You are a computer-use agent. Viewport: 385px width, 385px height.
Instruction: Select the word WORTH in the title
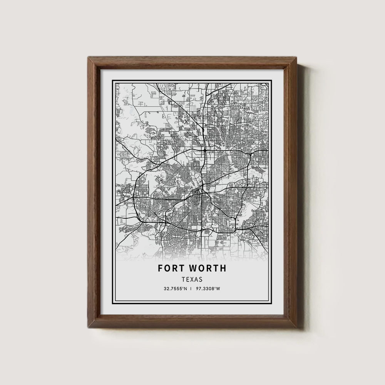(208, 268)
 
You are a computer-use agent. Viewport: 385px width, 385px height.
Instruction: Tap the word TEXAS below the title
(192, 280)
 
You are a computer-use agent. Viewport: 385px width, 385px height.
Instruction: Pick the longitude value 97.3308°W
(208, 289)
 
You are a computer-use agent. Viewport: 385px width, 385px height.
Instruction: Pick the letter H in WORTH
(223, 268)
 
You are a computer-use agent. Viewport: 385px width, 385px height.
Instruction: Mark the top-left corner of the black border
(112, 80)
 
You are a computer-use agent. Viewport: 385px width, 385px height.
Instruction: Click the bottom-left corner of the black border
(112, 305)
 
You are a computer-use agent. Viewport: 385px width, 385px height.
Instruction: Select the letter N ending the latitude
(186, 289)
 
